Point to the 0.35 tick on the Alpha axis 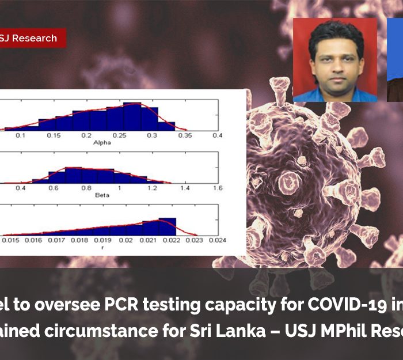(185, 135)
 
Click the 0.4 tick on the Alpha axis (217, 135)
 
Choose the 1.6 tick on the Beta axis (217, 188)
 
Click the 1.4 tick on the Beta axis (185, 188)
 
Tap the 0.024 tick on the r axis (217, 240)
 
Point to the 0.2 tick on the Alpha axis (86, 135)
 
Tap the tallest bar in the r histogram (168, 226)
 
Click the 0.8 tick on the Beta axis (86, 188)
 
